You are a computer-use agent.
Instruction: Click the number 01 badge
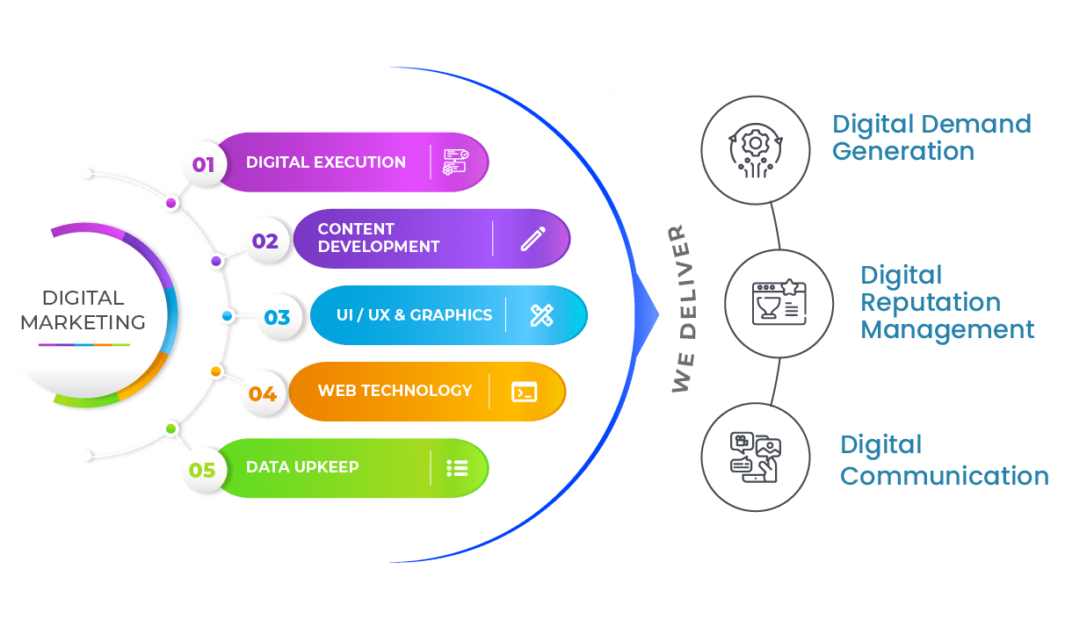coord(204,164)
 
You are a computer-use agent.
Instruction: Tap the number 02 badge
coord(265,241)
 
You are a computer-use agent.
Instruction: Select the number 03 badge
coord(277,317)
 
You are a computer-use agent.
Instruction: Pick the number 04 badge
coord(263,393)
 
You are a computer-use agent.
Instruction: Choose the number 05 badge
coord(202,470)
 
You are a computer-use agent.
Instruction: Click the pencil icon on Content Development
coord(532,239)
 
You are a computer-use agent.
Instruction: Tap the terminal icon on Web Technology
coord(525,392)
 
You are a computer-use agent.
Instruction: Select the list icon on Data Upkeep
coord(457,468)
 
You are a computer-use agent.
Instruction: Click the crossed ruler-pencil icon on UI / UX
coord(541,315)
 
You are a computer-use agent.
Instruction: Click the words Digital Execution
coord(326,162)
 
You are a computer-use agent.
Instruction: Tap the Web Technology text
coord(395,391)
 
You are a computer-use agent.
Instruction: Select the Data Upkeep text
coord(302,467)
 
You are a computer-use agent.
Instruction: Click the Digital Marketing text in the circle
coord(83,310)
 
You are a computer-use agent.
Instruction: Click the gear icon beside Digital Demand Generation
coord(754,149)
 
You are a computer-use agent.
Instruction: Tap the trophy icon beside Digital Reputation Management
coord(777,303)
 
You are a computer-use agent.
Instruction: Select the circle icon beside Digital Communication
coord(755,457)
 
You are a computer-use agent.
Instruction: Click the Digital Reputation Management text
coord(946,302)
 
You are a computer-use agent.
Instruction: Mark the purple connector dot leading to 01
coord(171,203)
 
